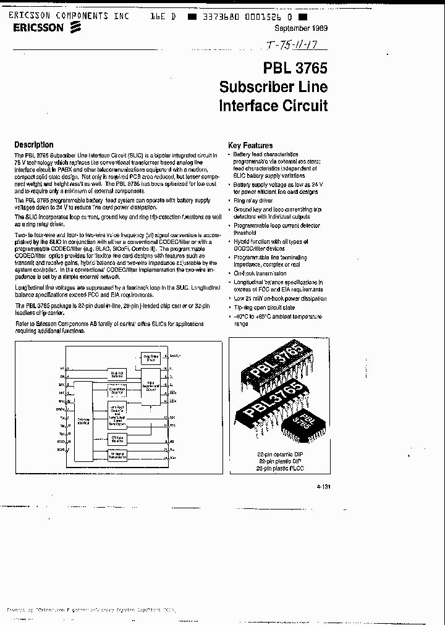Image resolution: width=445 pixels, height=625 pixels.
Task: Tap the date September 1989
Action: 300,29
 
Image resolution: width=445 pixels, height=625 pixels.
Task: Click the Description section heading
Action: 34,145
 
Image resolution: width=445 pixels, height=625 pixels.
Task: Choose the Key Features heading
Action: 250,146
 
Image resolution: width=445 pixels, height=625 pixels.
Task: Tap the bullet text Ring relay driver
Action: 253,201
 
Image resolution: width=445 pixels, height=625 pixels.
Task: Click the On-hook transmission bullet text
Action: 260,273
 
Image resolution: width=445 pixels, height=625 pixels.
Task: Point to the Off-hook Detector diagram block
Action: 117,439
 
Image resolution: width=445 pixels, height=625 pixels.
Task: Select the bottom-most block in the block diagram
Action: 117,455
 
